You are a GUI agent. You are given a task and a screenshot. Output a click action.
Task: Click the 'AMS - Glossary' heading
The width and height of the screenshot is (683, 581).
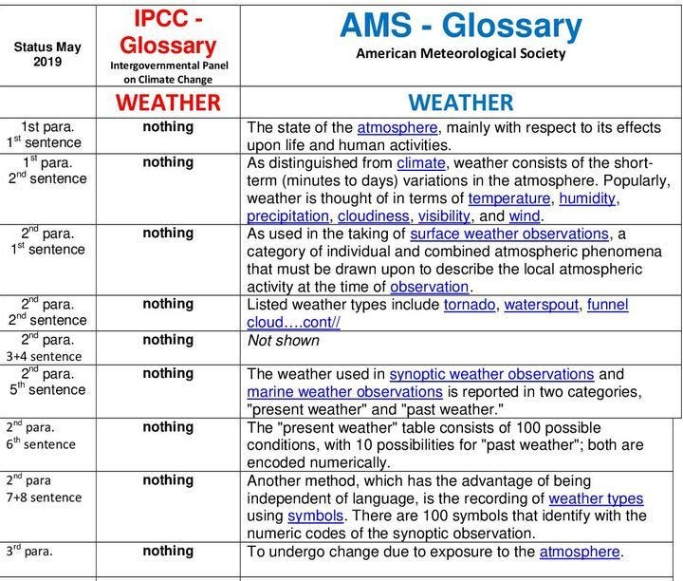point(460,26)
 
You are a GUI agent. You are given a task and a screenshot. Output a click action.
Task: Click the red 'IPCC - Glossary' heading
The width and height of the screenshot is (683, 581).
point(167,32)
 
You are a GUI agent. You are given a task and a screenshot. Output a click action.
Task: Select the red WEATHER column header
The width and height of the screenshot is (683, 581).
point(168,103)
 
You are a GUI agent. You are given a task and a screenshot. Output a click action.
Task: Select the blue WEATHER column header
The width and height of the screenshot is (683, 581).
point(460,103)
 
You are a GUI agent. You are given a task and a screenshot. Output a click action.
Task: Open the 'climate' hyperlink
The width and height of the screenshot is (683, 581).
point(420,163)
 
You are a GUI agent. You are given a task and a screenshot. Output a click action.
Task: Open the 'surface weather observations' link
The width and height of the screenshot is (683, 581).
point(509,234)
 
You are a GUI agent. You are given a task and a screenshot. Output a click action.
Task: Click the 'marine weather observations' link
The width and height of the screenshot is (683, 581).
point(344,392)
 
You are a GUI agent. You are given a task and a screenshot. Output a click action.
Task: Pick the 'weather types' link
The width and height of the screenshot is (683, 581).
point(596,498)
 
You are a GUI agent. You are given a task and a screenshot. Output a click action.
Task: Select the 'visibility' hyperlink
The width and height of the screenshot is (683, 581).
point(444,216)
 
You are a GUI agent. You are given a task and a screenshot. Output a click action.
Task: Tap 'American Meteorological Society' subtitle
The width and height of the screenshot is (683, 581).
point(460,54)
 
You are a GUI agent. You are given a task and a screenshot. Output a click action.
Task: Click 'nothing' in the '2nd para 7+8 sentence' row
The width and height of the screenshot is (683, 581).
point(168,480)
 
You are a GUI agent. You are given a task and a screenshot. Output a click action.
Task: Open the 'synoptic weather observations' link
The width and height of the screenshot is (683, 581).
point(491,375)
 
